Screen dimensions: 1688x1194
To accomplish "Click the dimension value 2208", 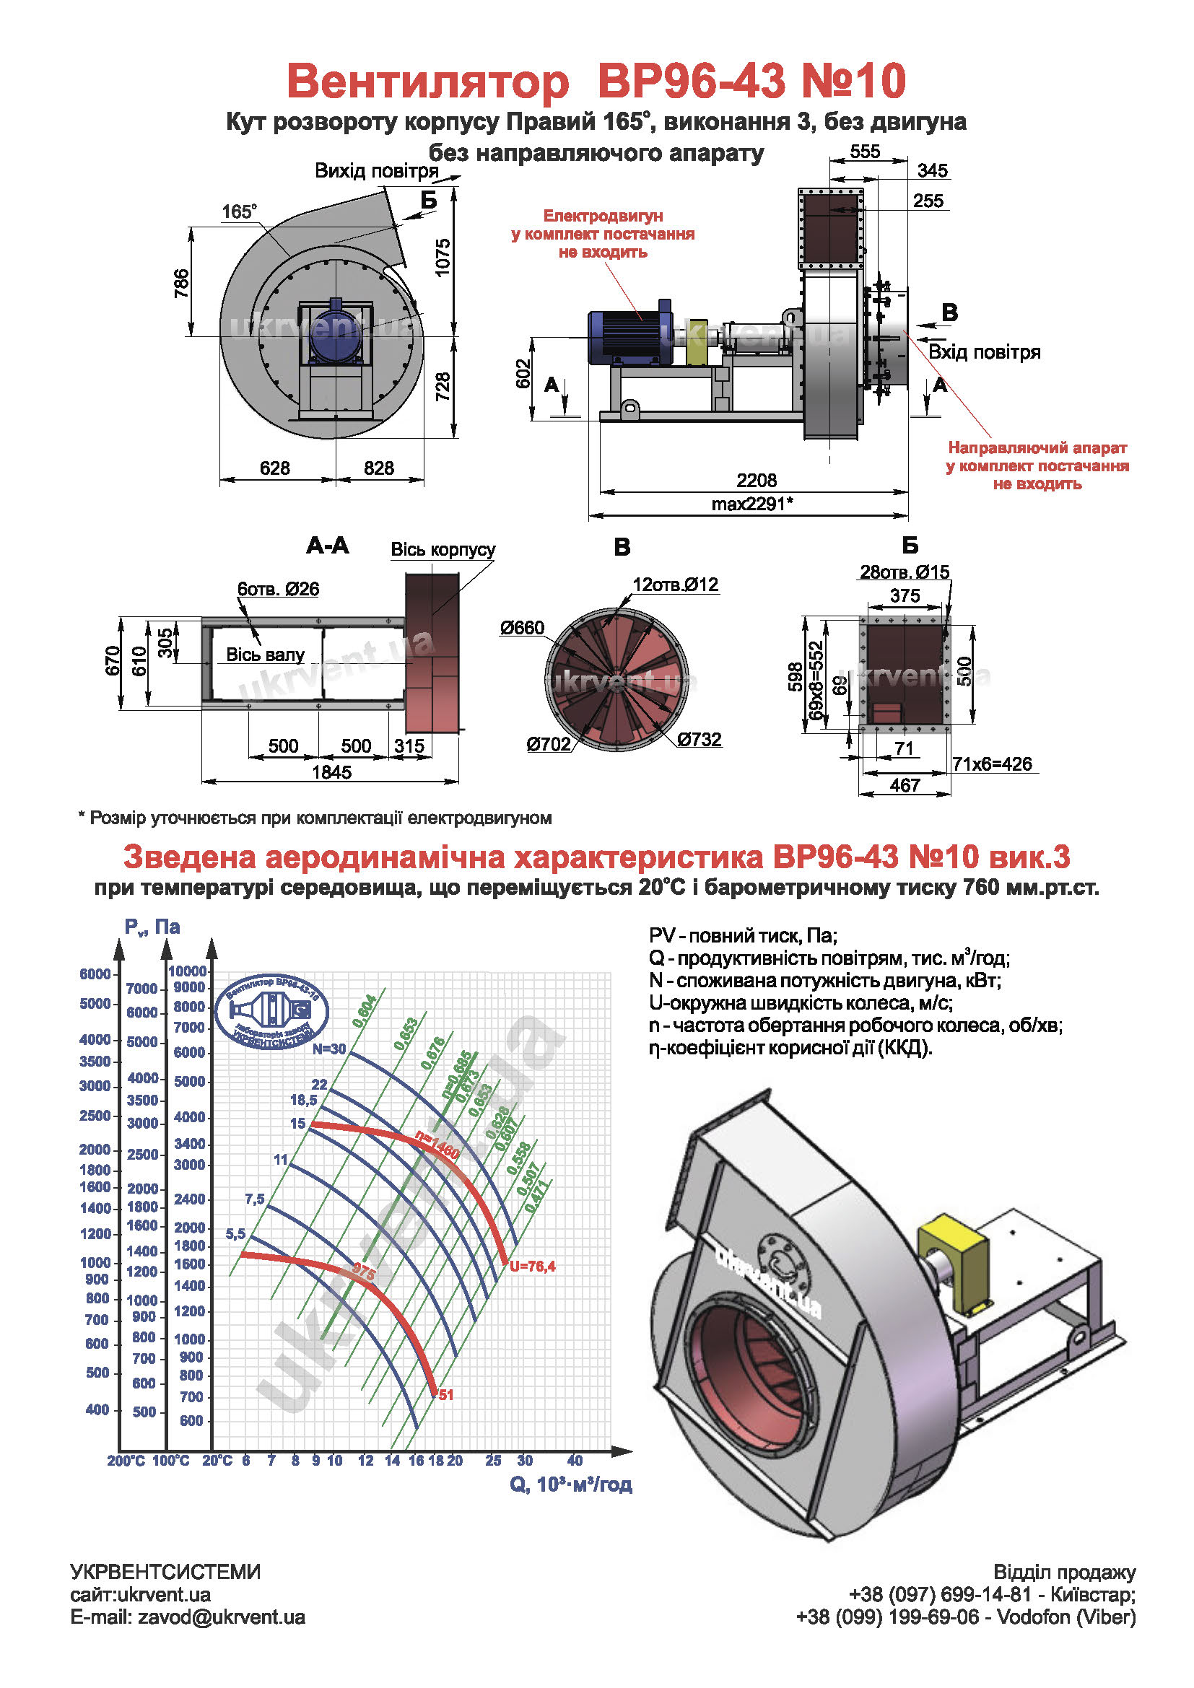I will tap(756, 480).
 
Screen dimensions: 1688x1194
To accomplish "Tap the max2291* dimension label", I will tap(751, 504).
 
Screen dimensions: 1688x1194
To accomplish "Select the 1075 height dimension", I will tap(443, 258).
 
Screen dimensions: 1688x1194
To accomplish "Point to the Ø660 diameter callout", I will tap(522, 627).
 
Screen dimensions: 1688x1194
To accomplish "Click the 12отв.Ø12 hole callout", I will tap(675, 585).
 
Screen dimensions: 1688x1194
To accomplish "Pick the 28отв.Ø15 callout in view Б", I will tap(905, 572).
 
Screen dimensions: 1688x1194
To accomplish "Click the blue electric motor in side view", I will tap(629, 338).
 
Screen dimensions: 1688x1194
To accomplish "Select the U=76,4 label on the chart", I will tap(532, 1266).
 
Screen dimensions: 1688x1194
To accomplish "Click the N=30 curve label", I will tap(328, 1049).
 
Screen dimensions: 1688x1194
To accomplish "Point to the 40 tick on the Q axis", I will tap(575, 1460).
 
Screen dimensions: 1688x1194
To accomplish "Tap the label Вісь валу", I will tap(265, 655).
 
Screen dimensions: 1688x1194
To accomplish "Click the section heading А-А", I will tap(328, 546).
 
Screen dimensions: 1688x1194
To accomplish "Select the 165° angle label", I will tap(240, 211).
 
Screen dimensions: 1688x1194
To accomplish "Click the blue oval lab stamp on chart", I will tap(272, 1013).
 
